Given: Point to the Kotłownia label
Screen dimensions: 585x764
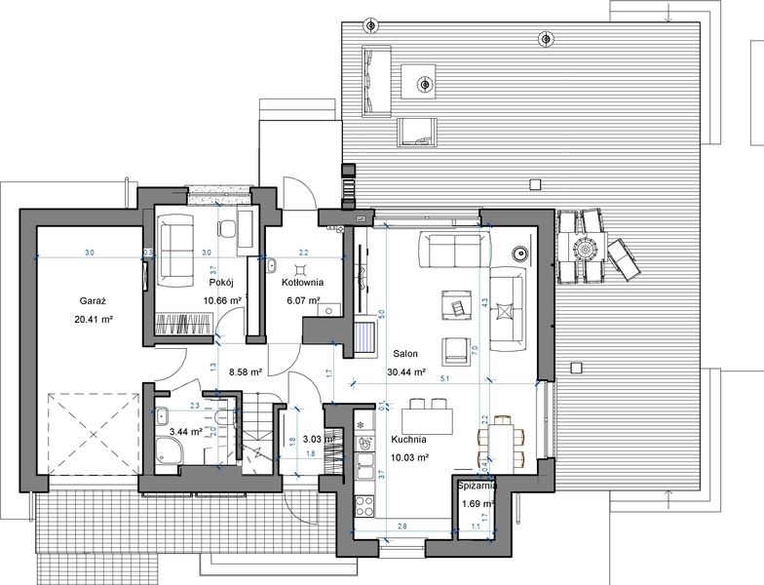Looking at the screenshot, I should point(302,282).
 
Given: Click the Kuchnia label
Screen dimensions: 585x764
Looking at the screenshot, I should point(408,441).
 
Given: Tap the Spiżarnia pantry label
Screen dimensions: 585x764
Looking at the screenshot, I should point(477,484).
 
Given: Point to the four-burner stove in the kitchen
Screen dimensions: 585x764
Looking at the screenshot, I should point(367,505).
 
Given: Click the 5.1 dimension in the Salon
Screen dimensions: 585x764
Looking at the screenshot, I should point(445,377).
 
